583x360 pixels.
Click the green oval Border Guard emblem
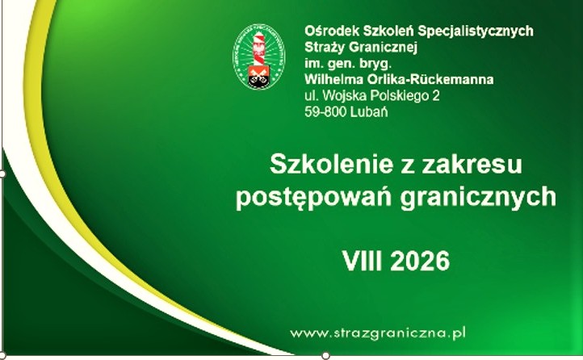pyautogui.click(x=258, y=57)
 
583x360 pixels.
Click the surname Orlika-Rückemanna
pyautogui.click(x=430, y=79)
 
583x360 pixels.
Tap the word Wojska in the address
pyautogui.click(x=339, y=96)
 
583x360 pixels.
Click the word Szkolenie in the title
pyautogui.click(x=331, y=164)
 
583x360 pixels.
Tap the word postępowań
pyautogui.click(x=313, y=197)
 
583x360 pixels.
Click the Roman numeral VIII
pyautogui.click(x=362, y=261)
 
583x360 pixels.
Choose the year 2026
pyautogui.click(x=420, y=261)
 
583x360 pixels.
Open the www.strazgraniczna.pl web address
pyautogui.click(x=378, y=333)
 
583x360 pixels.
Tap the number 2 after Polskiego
pyautogui.click(x=436, y=96)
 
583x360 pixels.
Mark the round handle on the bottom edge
pyautogui.click(x=325, y=355)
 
